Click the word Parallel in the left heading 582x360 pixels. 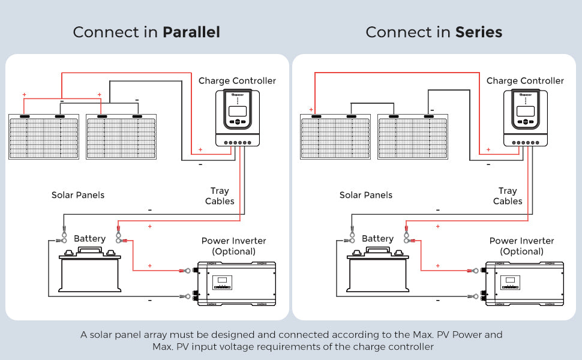[191, 32]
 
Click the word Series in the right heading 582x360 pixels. [478, 32]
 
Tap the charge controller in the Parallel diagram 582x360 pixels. [239, 119]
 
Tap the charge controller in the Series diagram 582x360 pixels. [526, 119]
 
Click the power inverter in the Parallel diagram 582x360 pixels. [237, 283]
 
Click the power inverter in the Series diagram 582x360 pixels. [525, 283]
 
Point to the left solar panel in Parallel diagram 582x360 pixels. [44, 137]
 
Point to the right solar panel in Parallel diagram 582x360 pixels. [121, 137]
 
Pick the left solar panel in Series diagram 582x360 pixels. [335, 137]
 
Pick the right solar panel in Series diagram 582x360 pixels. [412, 137]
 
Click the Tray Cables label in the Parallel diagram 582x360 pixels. [220, 196]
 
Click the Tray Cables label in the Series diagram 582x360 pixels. [508, 196]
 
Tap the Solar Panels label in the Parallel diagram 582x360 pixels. [78, 195]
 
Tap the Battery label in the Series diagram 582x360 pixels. [377, 239]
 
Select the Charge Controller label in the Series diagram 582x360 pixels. [525, 80]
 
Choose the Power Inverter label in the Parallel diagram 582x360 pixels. [234, 246]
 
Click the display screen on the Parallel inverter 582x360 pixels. [224, 281]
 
